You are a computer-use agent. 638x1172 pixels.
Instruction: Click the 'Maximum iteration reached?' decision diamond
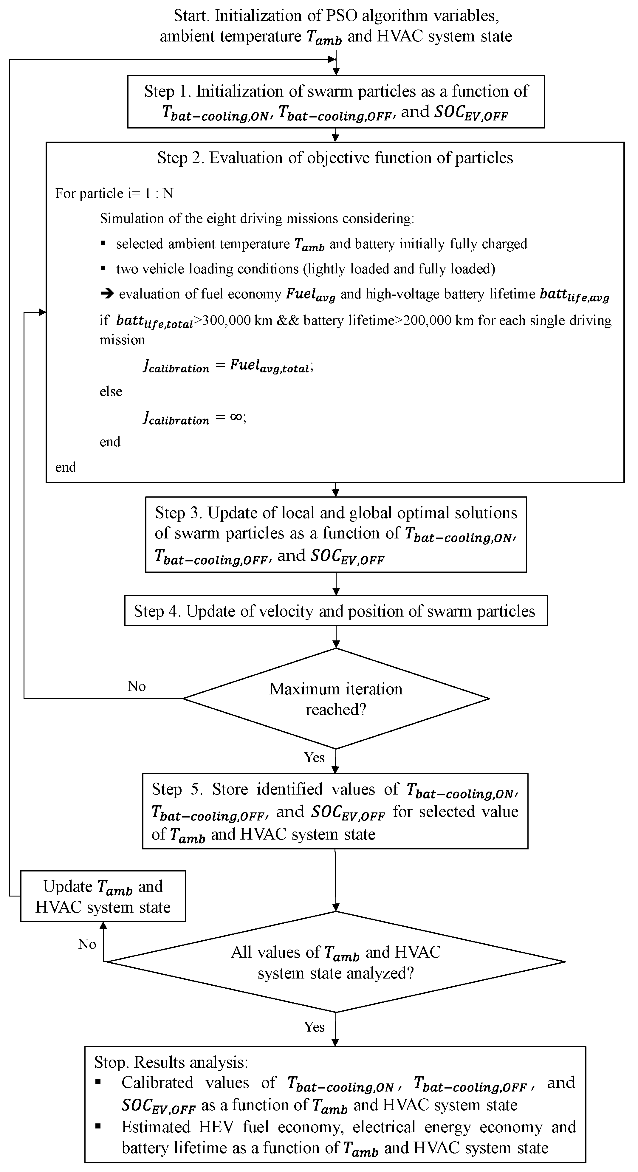click(x=336, y=698)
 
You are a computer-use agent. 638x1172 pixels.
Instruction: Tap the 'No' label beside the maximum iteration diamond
click(x=137, y=686)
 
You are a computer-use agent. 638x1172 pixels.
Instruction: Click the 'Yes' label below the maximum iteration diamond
click(x=314, y=758)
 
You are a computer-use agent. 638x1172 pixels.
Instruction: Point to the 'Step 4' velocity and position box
click(x=336, y=611)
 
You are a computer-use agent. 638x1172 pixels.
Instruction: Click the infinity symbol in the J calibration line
click(x=236, y=417)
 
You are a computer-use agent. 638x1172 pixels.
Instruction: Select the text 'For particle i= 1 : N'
click(x=114, y=193)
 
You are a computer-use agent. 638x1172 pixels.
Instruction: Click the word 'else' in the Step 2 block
click(x=111, y=391)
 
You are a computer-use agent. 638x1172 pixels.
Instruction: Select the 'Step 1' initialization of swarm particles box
click(x=336, y=101)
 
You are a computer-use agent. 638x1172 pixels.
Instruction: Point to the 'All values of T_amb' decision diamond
click(x=336, y=962)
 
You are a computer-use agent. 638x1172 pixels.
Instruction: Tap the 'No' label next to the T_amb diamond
click(x=87, y=945)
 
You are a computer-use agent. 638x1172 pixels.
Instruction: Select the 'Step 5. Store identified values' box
click(x=335, y=811)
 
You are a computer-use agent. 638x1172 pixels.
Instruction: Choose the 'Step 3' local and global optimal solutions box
click(x=336, y=534)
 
